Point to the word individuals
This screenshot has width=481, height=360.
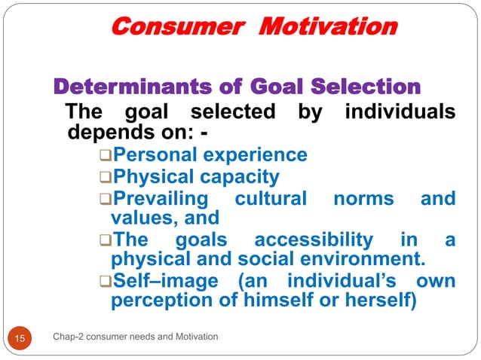pos(400,113)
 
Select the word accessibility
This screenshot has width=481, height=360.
pos(314,240)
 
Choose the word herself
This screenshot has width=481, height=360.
pos(391,302)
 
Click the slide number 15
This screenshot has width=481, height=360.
pos(20,337)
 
